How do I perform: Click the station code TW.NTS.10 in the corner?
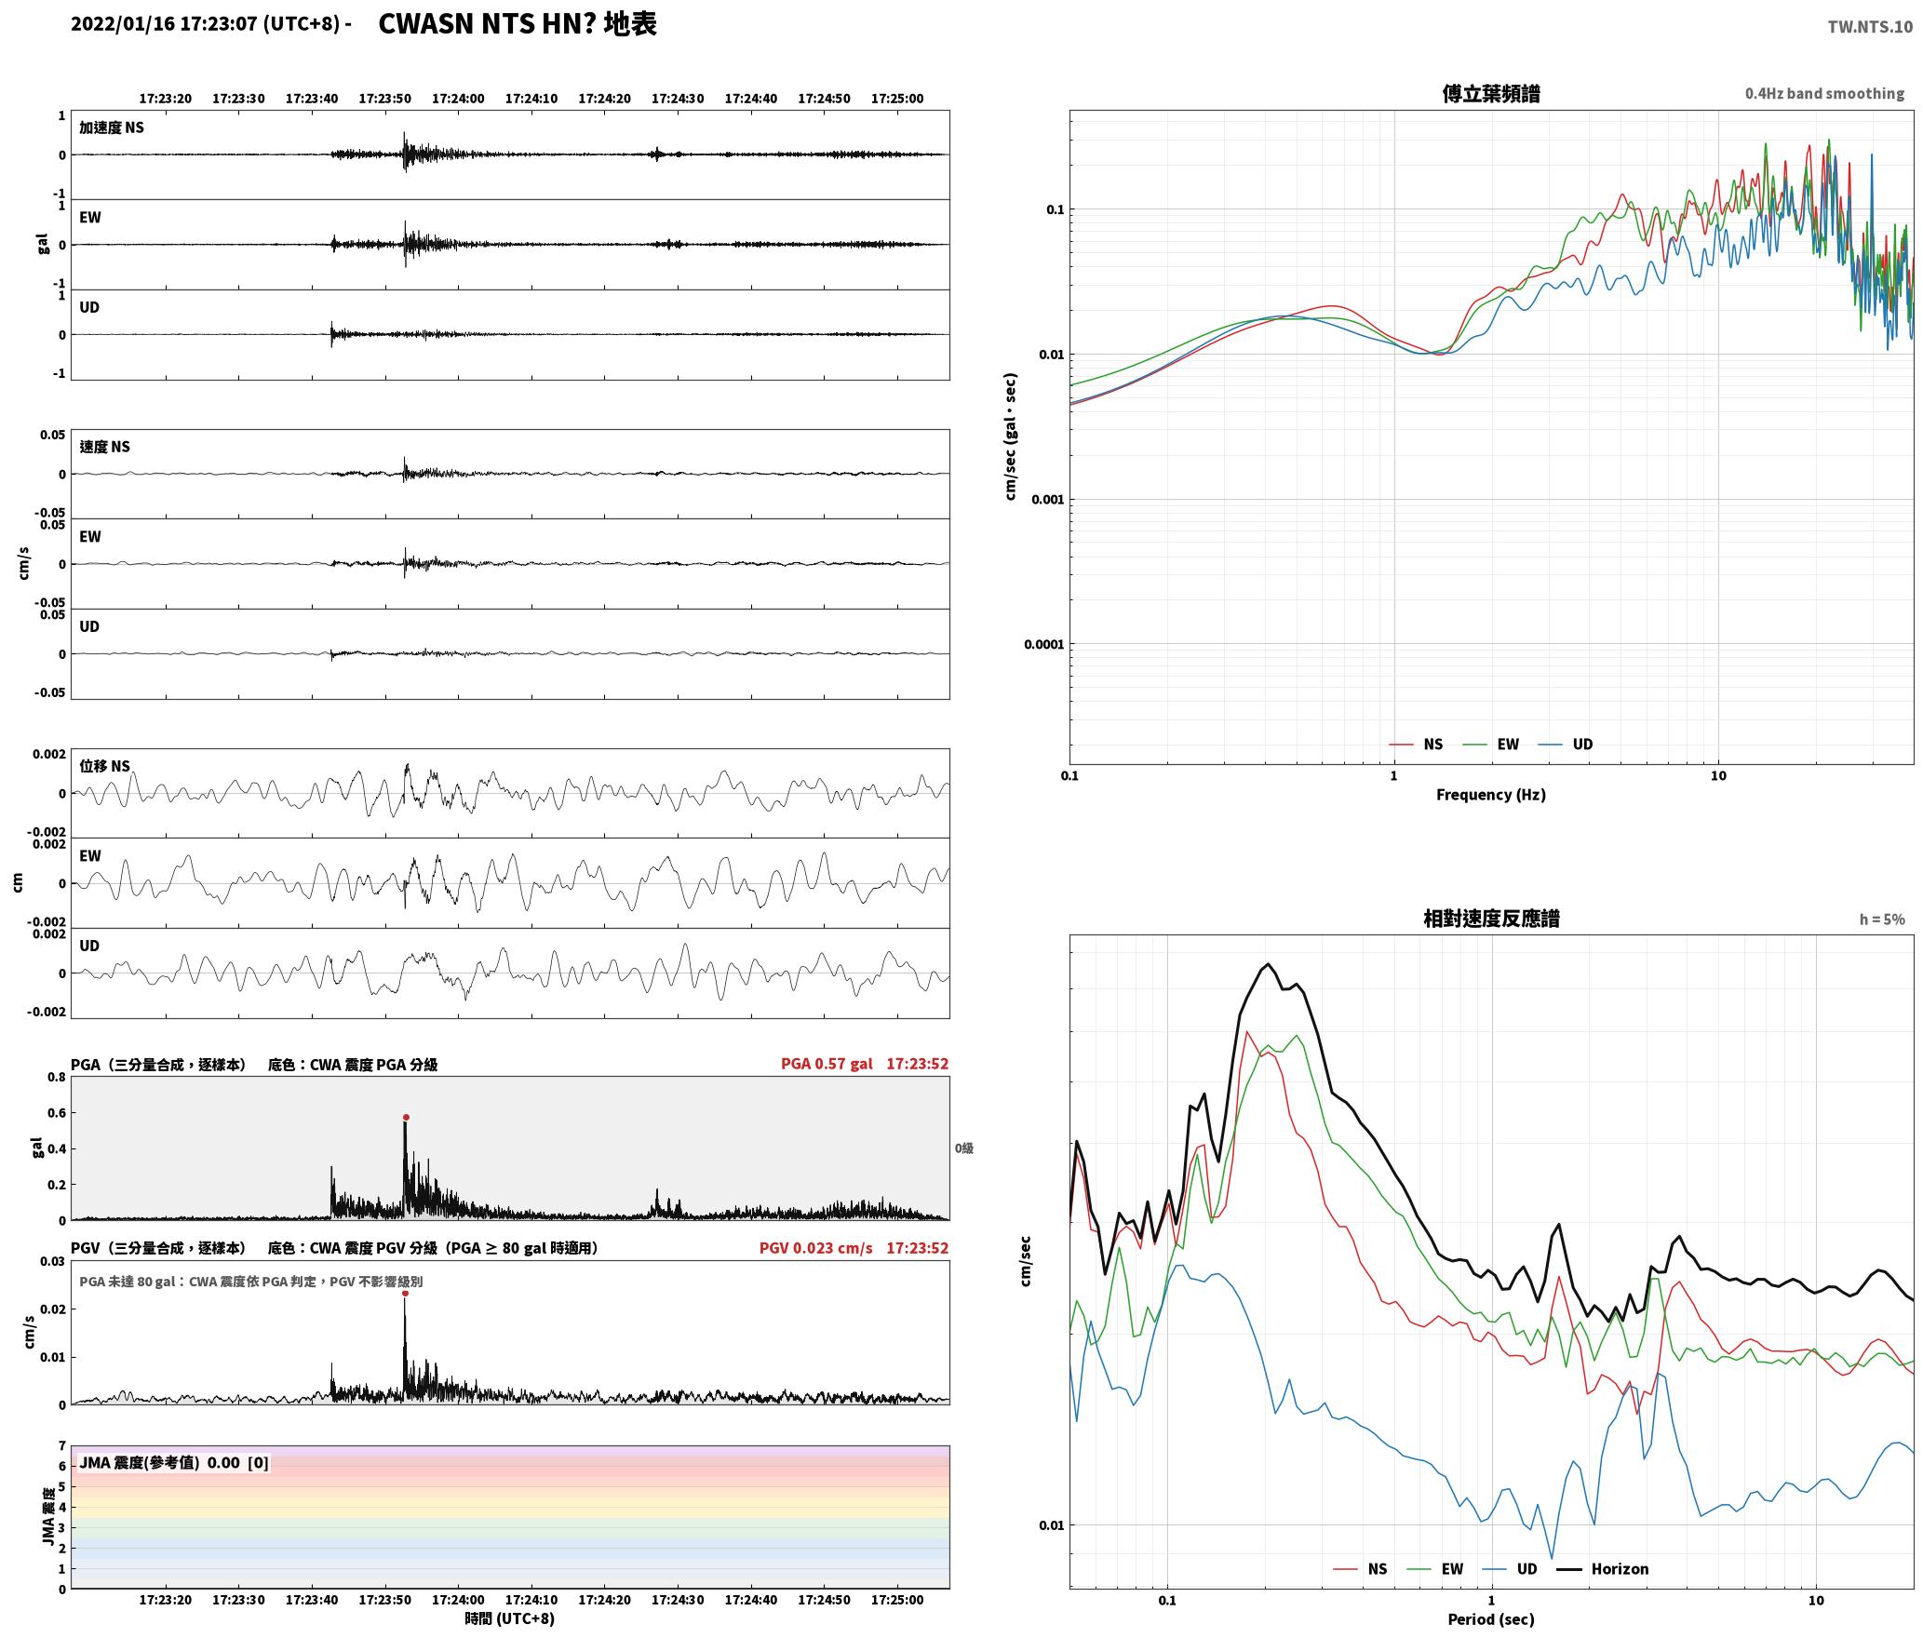(x=1870, y=27)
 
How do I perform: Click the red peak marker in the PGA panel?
(x=406, y=1117)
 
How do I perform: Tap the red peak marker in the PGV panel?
(x=405, y=1293)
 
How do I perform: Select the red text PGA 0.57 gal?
(x=827, y=1064)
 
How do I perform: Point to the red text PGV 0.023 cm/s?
(x=815, y=1248)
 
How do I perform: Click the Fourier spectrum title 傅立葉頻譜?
(x=1490, y=93)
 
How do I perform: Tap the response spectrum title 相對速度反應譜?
(x=1491, y=919)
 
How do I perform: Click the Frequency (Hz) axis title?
(x=1490, y=794)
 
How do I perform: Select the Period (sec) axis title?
(x=1490, y=1619)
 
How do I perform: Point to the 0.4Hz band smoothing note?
(x=1824, y=93)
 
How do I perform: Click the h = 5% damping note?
(x=1882, y=920)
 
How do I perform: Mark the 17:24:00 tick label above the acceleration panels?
(x=458, y=99)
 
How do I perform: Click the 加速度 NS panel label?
(x=112, y=128)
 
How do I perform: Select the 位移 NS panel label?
(x=105, y=766)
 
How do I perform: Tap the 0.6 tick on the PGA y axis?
(x=57, y=1113)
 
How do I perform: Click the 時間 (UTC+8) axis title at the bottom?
(x=510, y=1618)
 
